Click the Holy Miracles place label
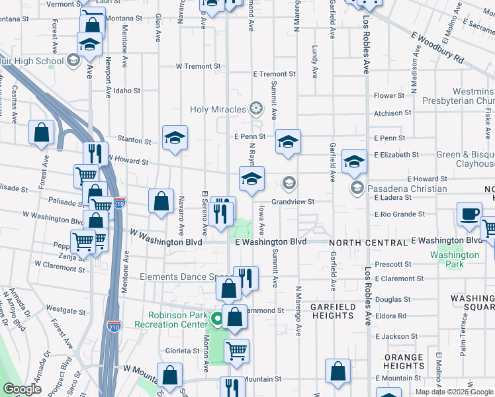(x=218, y=109)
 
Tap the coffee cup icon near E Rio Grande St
(x=469, y=214)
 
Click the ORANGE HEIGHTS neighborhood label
(x=403, y=361)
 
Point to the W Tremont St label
(x=198, y=66)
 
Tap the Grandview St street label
(x=292, y=202)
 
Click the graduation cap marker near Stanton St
(x=175, y=138)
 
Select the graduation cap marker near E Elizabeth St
(x=354, y=161)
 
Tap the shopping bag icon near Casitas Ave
(x=42, y=132)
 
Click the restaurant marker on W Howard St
(x=96, y=154)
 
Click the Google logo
(x=22, y=389)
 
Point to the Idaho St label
(x=127, y=91)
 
